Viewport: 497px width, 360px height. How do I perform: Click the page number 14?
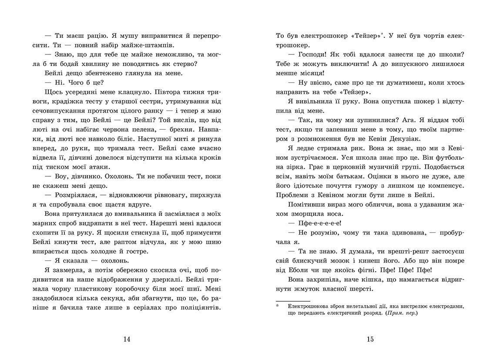click(127, 340)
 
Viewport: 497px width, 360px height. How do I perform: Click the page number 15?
click(369, 340)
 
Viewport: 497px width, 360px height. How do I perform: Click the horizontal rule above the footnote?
click(293, 300)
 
